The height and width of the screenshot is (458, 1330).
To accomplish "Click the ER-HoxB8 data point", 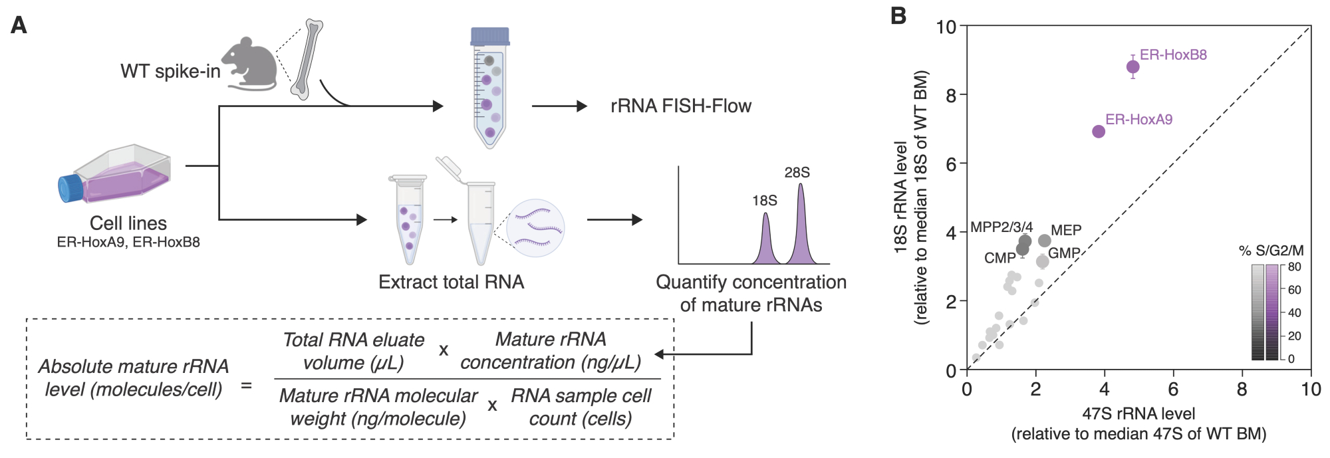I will [x=1132, y=66].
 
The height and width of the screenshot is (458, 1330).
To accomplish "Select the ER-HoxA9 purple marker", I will [x=1099, y=132].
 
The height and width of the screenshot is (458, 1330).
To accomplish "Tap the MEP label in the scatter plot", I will [x=1066, y=230].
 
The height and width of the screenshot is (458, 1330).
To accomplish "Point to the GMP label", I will [x=1063, y=253].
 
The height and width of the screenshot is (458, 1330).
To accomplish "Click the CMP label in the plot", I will [x=999, y=258].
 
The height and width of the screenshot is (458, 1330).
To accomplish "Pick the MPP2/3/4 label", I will [x=1001, y=227].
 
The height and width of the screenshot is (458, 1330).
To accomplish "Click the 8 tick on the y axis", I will [x=950, y=95].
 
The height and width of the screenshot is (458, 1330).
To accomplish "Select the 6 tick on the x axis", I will [x=1173, y=390].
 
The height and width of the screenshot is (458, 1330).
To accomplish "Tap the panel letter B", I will [x=898, y=16].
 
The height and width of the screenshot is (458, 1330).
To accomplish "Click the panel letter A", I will [x=19, y=25].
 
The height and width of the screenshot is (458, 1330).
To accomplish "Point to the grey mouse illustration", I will [x=251, y=65].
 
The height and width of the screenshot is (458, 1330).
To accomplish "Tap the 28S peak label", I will [x=797, y=173].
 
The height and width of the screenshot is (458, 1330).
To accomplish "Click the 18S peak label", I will [x=764, y=201].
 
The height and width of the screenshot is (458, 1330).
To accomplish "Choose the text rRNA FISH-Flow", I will [x=680, y=106].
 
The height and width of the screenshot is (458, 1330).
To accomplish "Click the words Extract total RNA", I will [x=451, y=283].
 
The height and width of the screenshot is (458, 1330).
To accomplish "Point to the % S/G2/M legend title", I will [x=1271, y=251].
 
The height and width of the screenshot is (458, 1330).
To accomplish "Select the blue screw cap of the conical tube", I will [x=489, y=36].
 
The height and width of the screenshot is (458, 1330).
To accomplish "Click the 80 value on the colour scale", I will [x=1294, y=267].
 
